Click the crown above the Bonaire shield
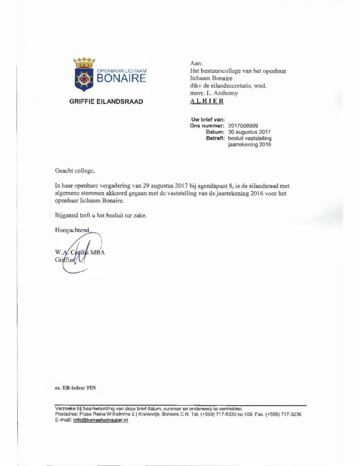coord(84,62)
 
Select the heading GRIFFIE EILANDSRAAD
coord(106,101)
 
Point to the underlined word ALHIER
coord(206,101)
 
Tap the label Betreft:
coord(216,138)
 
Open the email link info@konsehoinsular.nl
coord(101,420)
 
